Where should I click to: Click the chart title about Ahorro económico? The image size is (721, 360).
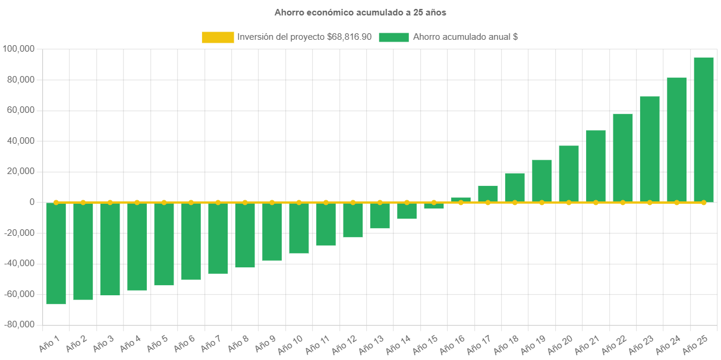[360, 12]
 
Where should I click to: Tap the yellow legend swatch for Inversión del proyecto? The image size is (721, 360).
[218, 37]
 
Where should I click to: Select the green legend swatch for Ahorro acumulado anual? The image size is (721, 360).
[393, 37]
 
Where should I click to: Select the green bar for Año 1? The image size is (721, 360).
[56, 254]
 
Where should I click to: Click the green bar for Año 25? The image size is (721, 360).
[704, 130]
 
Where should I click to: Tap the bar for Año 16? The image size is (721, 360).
[461, 200]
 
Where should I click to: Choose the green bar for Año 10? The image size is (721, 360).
[299, 228]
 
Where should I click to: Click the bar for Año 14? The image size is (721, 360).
[407, 211]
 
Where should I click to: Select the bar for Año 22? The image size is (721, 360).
[623, 157]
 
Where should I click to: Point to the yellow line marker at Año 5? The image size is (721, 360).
[164, 203]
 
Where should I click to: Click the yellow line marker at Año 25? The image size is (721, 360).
[704, 203]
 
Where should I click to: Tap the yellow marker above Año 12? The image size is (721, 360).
[353, 203]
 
